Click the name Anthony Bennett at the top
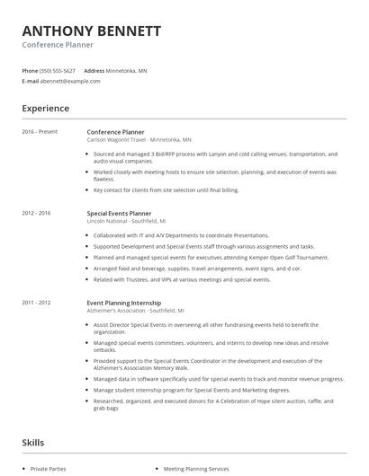coord(92,31)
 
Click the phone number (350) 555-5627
coord(58,70)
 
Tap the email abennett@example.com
coord(70,81)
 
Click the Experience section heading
coord(45,109)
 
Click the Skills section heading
coord(33,443)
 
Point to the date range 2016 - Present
coord(40,132)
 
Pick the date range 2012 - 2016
coord(37,213)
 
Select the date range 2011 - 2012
coord(37,303)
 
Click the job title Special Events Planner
coord(119,213)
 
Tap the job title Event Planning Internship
coord(123,303)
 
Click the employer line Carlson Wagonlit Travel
coord(139,140)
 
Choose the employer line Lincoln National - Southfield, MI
coord(126,221)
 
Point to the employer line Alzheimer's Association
coord(135,311)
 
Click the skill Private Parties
coord(49,469)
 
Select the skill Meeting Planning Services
coord(196,469)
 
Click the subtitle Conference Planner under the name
coord(58,45)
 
